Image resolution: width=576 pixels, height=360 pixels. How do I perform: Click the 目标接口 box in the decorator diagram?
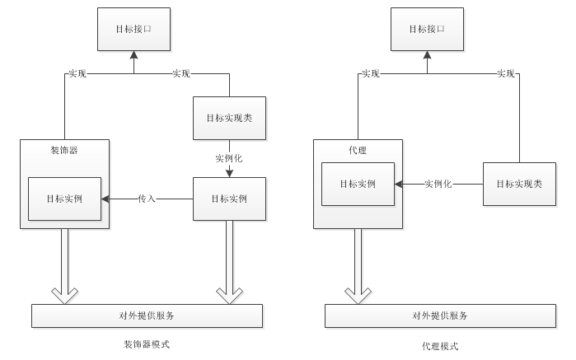tap(133, 29)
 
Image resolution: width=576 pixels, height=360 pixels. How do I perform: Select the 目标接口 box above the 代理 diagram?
tap(426, 29)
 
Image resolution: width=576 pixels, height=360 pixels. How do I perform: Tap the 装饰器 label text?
tap(64, 149)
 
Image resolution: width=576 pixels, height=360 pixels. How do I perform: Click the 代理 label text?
tap(358, 149)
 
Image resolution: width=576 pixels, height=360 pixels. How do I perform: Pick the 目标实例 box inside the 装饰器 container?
tap(65, 199)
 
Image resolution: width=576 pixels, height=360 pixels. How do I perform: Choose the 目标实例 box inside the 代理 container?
tap(358, 184)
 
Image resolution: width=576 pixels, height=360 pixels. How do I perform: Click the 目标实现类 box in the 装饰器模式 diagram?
tap(229, 118)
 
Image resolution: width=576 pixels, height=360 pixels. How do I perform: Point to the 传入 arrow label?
tap(148, 199)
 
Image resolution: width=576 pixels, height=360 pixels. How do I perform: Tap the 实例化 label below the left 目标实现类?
tap(229, 157)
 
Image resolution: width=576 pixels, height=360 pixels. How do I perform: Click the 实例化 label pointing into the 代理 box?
tap(438, 184)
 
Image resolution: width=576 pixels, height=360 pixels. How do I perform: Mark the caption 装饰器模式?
tap(147, 344)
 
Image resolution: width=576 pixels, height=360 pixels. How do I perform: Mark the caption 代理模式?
tap(440, 346)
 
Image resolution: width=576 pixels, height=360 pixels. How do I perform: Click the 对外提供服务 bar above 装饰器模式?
tap(147, 316)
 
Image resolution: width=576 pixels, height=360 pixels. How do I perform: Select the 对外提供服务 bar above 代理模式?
tap(440, 316)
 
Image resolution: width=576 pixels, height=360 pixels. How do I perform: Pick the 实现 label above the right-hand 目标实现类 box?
tap(506, 74)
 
